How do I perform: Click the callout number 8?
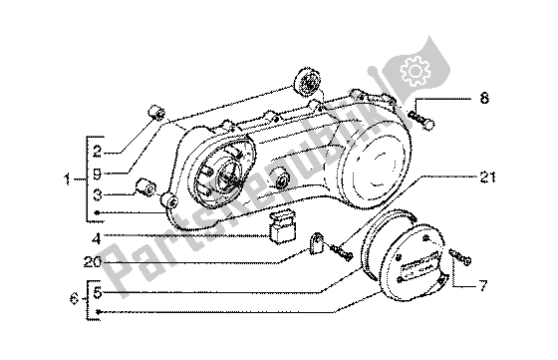(484, 98)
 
